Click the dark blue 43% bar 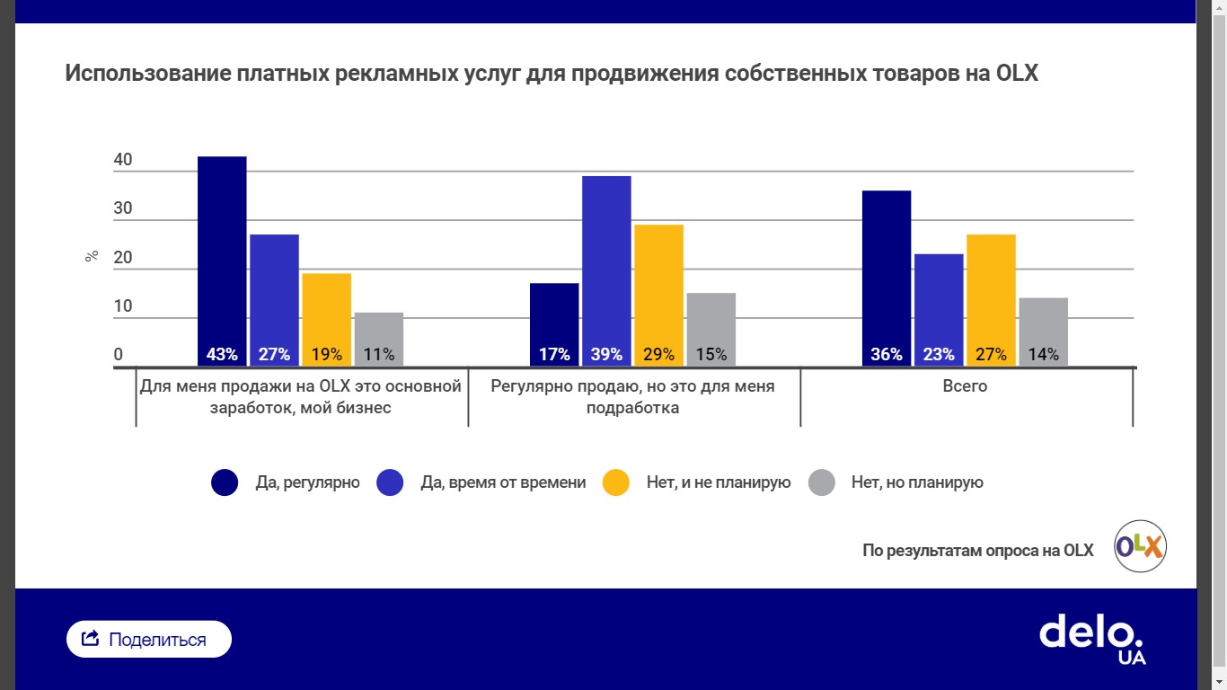[x=222, y=261]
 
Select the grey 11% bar [x=379, y=339]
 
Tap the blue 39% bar [x=606, y=270]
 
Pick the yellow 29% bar [x=658, y=295]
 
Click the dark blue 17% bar [x=554, y=323]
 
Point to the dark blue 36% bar [x=887, y=278]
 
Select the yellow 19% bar [x=326, y=319]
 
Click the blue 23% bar [x=939, y=309]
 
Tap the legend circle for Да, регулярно [x=225, y=482]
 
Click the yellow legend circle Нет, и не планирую [x=615, y=482]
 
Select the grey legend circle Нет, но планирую [x=822, y=482]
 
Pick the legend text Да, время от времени [x=503, y=482]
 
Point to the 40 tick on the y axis [x=123, y=161]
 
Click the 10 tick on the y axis [x=123, y=306]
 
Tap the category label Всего [x=966, y=386]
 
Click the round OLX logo [x=1140, y=546]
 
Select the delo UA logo [x=1092, y=638]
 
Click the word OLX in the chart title [x=1017, y=74]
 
